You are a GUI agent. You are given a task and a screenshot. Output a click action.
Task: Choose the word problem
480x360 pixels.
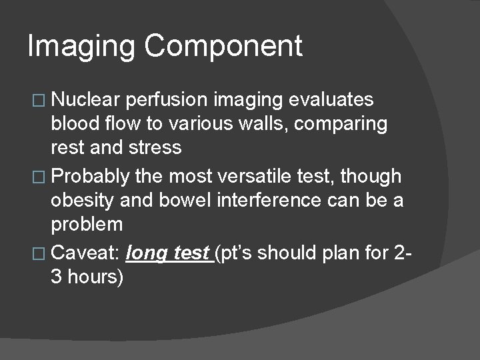click(89, 224)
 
